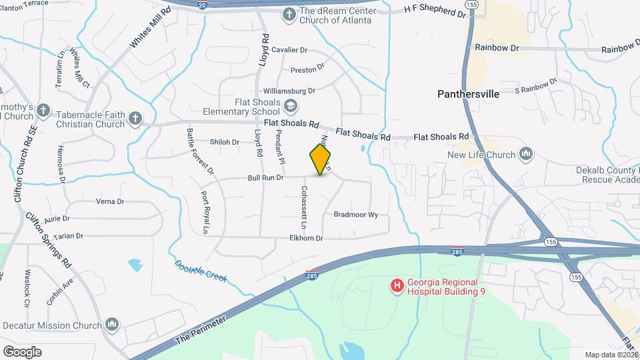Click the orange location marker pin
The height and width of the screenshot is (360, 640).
click(321, 159)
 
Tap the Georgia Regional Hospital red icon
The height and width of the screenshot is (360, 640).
click(397, 286)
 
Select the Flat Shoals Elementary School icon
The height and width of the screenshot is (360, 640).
click(291, 105)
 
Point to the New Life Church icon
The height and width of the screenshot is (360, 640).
click(526, 155)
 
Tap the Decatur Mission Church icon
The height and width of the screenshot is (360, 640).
click(112, 325)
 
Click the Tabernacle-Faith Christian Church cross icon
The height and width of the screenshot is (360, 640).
click(135, 119)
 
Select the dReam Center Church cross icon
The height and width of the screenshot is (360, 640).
click(289, 14)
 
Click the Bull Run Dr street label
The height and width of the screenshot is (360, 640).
click(266, 178)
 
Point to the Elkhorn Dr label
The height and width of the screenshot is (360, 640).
click(306, 238)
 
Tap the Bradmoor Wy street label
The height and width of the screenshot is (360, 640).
click(355, 215)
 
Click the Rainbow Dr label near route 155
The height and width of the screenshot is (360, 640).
click(497, 48)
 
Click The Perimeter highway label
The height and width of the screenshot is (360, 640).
click(201, 329)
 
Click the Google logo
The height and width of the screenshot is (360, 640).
click(22, 351)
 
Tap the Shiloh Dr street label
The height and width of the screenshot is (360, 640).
click(224, 142)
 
